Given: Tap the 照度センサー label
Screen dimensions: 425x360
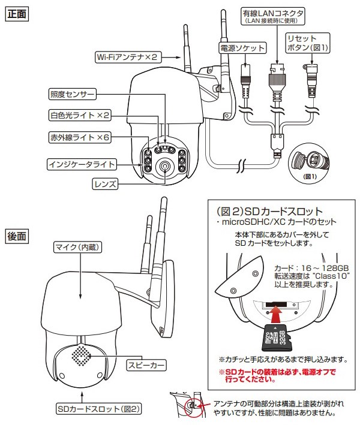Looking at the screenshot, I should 72,94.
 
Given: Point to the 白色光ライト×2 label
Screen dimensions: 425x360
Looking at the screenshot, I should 79,114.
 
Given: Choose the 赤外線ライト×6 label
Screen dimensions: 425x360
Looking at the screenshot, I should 79,138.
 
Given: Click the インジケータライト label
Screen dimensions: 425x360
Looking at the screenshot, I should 81,163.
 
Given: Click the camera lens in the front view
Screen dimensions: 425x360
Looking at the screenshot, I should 164,167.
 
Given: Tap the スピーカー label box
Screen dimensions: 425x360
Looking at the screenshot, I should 145,364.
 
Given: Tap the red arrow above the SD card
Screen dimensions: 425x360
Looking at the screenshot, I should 275,314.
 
